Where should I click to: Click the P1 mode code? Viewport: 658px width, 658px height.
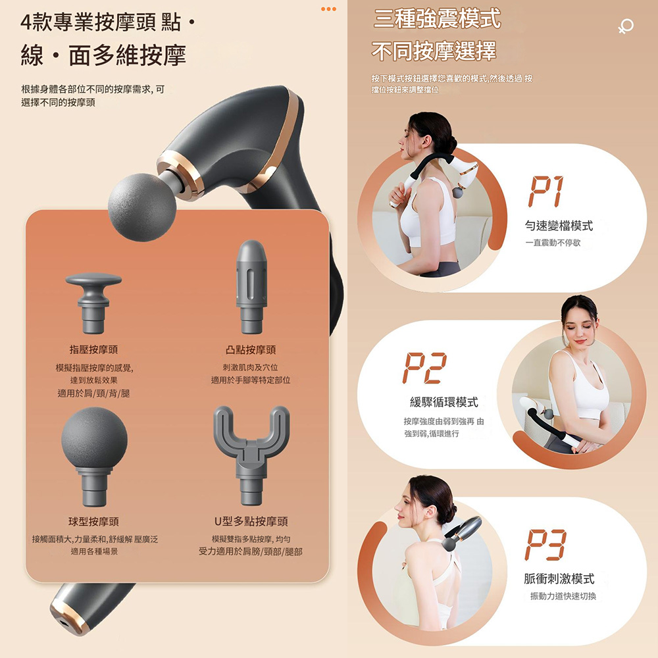[x=546, y=191]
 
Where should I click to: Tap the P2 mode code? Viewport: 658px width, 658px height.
[x=424, y=368]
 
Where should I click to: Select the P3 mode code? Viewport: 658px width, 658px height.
[x=545, y=545]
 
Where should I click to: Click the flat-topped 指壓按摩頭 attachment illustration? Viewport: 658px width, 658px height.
[x=93, y=303]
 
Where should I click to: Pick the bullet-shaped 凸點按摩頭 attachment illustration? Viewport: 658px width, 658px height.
[x=251, y=287]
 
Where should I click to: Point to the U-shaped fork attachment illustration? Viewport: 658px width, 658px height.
[x=251, y=455]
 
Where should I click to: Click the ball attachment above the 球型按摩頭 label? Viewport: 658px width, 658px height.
[x=94, y=457]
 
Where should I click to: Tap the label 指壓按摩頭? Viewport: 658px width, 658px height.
[x=93, y=349]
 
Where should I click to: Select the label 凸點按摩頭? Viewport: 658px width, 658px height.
[x=251, y=349]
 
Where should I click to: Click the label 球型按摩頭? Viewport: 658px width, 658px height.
[x=93, y=522]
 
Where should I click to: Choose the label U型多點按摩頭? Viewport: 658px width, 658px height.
[x=251, y=522]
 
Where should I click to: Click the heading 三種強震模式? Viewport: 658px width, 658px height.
[x=437, y=19]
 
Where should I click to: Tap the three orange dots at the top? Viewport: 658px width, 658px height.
[x=328, y=9]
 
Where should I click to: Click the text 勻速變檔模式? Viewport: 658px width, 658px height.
[x=559, y=226]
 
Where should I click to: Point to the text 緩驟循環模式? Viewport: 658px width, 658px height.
[x=444, y=402]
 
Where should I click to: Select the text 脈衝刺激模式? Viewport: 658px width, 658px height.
[x=559, y=578]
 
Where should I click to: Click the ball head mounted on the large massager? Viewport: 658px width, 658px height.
[x=142, y=207]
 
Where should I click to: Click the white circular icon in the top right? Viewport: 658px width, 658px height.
[x=626, y=26]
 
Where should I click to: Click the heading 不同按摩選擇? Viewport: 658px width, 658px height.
[x=434, y=51]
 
